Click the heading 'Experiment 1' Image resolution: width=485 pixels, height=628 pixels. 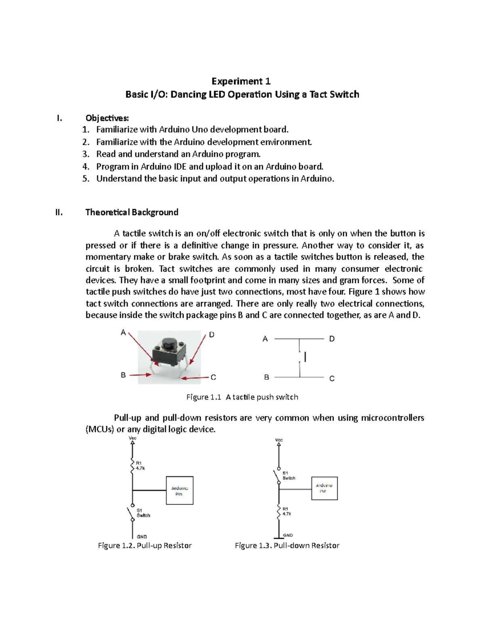click(x=241, y=81)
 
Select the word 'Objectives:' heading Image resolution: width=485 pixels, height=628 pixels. click(x=107, y=118)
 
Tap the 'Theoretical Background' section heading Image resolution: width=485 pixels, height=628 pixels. click(x=132, y=212)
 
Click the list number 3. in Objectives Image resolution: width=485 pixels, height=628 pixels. click(x=85, y=154)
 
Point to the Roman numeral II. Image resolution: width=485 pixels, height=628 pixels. click(x=59, y=212)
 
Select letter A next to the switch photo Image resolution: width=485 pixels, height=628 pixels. click(x=123, y=333)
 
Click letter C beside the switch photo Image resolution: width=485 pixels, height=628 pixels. click(x=213, y=377)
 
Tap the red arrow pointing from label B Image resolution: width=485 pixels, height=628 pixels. click(x=140, y=375)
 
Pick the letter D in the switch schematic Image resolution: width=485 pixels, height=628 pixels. click(x=332, y=339)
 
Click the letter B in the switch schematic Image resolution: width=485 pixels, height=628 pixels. click(x=266, y=377)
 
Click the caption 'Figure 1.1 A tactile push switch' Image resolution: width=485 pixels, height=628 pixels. click(x=242, y=397)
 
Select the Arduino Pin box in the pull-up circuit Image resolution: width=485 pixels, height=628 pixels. click(x=179, y=491)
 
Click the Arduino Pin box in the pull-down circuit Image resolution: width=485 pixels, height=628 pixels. click(x=324, y=488)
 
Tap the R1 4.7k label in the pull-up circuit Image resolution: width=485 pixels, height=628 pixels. click(x=140, y=466)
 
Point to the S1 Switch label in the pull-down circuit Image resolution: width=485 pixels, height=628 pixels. click(x=289, y=476)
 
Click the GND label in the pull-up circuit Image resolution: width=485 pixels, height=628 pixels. click(x=142, y=537)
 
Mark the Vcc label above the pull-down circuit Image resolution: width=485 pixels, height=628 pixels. click(x=279, y=440)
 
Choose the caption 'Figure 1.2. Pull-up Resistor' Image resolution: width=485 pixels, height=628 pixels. click(x=145, y=546)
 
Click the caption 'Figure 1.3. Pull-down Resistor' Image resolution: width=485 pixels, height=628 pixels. click(x=287, y=546)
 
